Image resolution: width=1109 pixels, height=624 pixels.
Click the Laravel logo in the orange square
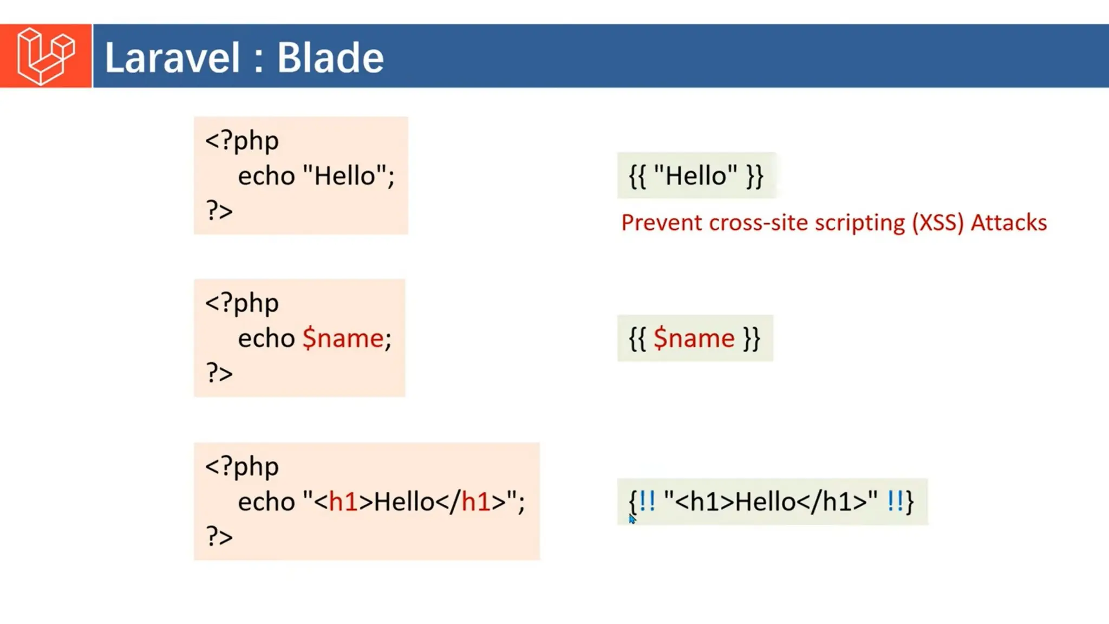point(45,56)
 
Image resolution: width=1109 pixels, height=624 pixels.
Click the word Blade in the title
point(330,57)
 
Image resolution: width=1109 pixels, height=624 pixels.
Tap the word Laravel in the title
point(172,57)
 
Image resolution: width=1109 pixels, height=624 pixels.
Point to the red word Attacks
point(1008,223)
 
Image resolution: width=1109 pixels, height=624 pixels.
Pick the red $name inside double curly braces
point(694,339)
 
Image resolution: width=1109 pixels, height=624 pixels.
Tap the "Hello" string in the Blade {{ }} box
point(695,175)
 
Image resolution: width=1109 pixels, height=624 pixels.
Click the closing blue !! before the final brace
point(895,501)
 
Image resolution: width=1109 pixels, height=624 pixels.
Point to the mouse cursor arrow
point(632,519)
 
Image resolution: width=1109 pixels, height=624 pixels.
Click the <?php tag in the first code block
point(242,141)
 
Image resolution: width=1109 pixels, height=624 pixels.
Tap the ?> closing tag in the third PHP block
point(219,536)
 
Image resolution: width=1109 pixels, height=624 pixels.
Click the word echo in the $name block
point(266,339)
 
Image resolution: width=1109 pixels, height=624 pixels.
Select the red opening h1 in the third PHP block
point(343,502)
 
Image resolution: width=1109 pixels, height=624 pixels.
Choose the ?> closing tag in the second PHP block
point(219,373)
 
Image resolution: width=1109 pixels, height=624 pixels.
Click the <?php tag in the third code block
point(242,466)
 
